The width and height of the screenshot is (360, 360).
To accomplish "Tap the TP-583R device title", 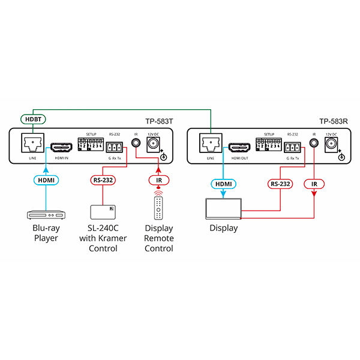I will click(x=334, y=121).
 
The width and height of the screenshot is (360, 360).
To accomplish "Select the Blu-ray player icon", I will click(x=46, y=213).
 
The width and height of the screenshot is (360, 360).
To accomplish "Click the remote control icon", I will click(x=159, y=207).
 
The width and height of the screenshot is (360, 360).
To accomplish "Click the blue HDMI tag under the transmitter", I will click(x=46, y=179).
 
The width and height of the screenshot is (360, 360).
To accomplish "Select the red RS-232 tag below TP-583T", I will click(x=103, y=179).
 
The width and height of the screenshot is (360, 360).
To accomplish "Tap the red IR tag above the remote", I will click(x=159, y=179).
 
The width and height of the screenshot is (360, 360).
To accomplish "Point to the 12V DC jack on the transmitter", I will click(x=152, y=143).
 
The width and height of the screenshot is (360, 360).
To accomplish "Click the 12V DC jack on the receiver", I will click(x=331, y=143).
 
